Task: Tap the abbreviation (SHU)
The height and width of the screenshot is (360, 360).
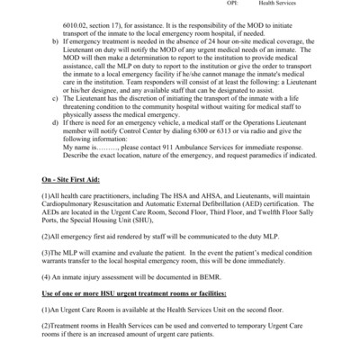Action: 162,252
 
